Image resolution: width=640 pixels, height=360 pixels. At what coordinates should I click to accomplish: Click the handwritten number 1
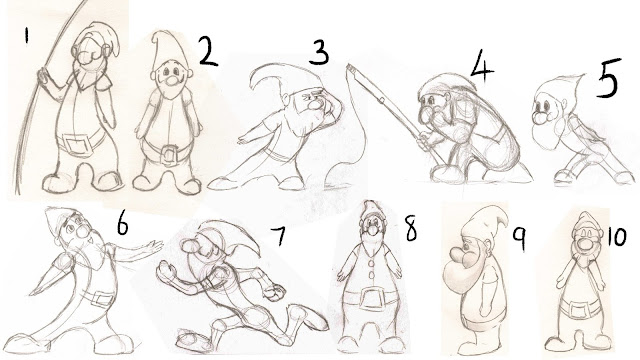pos(27,36)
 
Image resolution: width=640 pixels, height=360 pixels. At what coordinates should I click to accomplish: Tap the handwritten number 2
pos(209,51)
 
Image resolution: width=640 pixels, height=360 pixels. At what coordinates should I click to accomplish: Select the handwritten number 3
pos(319,52)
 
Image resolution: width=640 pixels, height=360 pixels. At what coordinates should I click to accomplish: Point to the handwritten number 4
pos(482,64)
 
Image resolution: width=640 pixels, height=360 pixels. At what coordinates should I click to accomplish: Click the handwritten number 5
pos(608,78)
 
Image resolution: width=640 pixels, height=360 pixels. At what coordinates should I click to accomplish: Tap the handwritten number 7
pos(279,236)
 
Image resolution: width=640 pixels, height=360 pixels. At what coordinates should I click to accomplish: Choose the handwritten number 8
pos(411,228)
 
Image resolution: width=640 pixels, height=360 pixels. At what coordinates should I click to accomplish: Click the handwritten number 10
pos(616,236)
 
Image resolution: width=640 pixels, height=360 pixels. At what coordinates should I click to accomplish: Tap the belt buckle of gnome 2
pos(169,155)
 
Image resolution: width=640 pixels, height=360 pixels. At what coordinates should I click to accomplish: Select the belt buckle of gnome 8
pos(371,298)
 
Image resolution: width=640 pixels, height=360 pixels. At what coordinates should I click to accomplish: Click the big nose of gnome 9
pos(459,255)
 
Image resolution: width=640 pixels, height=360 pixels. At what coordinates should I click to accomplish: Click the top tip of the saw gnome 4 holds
pos(348,65)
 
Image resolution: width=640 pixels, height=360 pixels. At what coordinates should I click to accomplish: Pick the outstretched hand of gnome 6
pos(153,246)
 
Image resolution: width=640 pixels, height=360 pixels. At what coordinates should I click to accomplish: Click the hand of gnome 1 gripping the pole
pos(43,76)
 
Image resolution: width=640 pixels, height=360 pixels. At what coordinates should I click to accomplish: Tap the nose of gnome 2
pos(171,80)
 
